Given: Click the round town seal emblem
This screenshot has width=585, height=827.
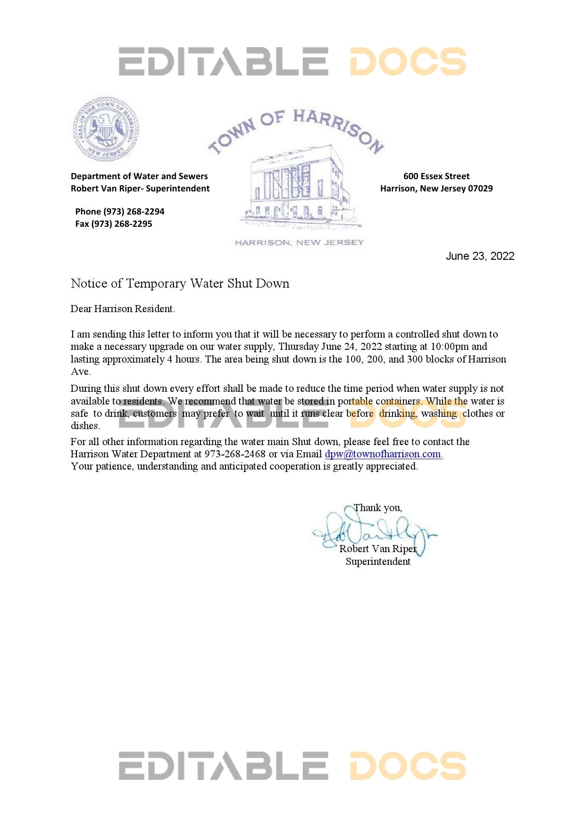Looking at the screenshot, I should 106,129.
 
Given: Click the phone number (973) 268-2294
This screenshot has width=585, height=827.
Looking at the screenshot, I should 134,212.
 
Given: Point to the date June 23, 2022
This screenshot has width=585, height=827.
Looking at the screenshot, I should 480,256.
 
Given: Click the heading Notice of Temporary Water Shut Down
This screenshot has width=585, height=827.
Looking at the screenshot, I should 180,283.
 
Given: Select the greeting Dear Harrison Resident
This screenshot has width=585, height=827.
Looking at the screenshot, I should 123,309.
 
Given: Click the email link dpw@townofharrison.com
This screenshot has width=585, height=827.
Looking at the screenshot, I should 383,454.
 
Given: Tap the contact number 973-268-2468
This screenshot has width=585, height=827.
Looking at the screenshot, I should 234,454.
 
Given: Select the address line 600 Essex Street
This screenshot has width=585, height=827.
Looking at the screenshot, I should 436,176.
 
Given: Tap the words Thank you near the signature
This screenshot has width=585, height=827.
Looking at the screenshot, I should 377,508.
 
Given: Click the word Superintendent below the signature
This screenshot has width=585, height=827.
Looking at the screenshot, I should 378,562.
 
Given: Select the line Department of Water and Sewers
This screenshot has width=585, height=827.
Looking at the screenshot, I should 139,176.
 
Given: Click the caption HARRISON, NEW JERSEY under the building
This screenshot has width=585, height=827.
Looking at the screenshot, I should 299,243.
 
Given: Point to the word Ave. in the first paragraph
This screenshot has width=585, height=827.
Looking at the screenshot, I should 80,372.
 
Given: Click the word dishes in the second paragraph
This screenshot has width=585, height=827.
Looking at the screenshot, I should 85,426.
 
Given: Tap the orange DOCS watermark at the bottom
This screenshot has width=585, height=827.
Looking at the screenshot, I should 408,766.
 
